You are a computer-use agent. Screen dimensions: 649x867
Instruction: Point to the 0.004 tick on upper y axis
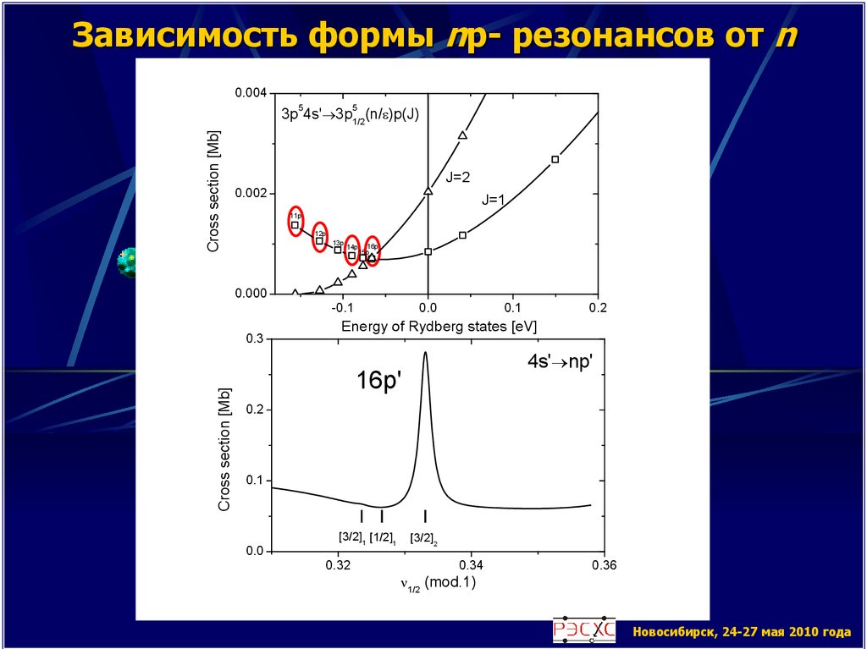coord(247,93)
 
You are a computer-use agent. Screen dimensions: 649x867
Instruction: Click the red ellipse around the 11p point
coord(295,222)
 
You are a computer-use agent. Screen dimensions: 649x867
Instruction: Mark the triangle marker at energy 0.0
coord(428,191)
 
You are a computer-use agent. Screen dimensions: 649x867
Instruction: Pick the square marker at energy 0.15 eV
coord(555,159)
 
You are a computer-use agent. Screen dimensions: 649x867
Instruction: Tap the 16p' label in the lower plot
coord(378,382)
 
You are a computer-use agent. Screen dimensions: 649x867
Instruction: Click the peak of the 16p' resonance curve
coord(425,354)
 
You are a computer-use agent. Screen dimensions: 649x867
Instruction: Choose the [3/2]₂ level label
coord(423,537)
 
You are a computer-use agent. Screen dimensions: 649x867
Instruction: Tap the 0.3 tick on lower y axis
coord(251,338)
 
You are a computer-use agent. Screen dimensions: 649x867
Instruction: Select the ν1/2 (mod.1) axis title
coord(431,583)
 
